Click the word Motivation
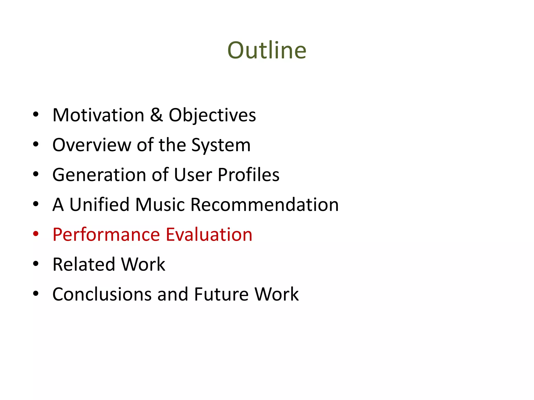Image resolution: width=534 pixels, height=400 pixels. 98,115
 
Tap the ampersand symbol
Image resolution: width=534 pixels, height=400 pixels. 156,115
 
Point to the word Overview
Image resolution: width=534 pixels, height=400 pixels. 92,145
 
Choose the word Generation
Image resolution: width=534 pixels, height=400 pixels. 99,175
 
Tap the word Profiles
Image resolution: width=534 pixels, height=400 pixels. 248,175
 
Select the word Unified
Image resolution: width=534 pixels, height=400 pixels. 99,204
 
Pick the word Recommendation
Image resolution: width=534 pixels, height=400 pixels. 265,204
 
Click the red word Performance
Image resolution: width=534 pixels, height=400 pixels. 106,235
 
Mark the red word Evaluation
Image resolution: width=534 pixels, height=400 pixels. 209,234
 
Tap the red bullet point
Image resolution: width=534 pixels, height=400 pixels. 36,234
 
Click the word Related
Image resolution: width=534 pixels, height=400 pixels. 83,264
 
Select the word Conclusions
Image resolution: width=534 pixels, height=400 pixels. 102,294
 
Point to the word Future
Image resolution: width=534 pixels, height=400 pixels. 221,294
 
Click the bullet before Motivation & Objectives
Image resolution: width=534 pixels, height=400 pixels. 36,114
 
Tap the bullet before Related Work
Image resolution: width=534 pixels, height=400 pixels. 36,264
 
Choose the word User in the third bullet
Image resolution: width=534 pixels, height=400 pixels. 193,175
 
